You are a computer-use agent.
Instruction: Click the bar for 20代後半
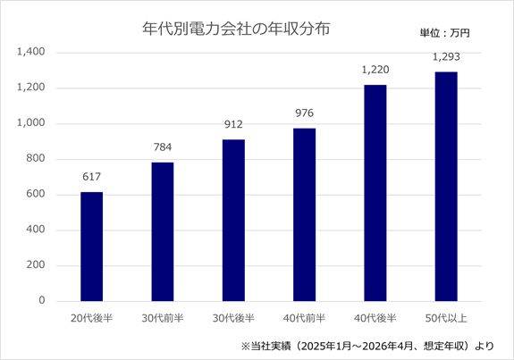[x=92, y=247]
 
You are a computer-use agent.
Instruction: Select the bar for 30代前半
[x=163, y=231]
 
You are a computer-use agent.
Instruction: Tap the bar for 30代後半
[x=233, y=220]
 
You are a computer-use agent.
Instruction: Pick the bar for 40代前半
[x=305, y=214]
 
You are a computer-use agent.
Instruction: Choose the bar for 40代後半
[x=375, y=193]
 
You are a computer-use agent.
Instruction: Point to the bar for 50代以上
[x=446, y=187]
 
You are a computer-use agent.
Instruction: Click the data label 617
[x=92, y=177]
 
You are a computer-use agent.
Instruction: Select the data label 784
[x=163, y=147]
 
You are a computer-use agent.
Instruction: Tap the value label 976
[x=305, y=113]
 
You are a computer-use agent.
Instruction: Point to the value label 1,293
[x=446, y=57]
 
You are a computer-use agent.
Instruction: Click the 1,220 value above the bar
[x=375, y=70]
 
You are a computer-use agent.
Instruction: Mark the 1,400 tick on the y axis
[x=31, y=52]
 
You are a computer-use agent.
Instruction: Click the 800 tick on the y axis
[x=36, y=158]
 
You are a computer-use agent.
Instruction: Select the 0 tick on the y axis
[x=42, y=300]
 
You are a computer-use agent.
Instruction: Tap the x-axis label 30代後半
[x=233, y=318]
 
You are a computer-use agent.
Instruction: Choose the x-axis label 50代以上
[x=446, y=318]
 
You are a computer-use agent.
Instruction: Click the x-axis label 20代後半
[x=92, y=318]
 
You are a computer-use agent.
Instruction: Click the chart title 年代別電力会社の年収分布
[x=236, y=29]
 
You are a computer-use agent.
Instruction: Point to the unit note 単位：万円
[x=445, y=33]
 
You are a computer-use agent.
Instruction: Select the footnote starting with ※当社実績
[x=367, y=346]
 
